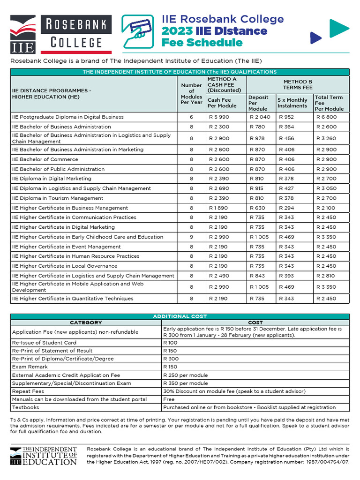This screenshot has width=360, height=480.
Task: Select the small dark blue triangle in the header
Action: click(316, 37)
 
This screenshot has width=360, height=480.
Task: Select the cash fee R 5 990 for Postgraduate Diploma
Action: click(219, 117)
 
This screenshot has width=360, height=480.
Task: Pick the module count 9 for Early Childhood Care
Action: click(191, 237)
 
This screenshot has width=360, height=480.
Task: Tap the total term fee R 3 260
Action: click(326, 139)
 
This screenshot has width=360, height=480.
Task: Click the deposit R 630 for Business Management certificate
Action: click(257, 208)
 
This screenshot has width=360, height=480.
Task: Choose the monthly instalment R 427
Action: click(286, 188)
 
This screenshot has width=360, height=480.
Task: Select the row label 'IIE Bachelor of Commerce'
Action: click(45, 159)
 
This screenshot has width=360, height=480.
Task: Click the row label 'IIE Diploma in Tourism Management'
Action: click(58, 198)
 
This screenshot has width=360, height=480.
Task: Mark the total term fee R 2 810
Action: click(326, 276)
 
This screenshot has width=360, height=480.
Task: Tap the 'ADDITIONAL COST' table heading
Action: click(180, 316)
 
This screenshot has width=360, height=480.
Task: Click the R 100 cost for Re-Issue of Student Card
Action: click(170, 343)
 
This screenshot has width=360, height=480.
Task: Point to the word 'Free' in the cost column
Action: click(169, 399)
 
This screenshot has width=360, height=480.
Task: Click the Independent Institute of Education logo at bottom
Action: click(43, 456)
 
